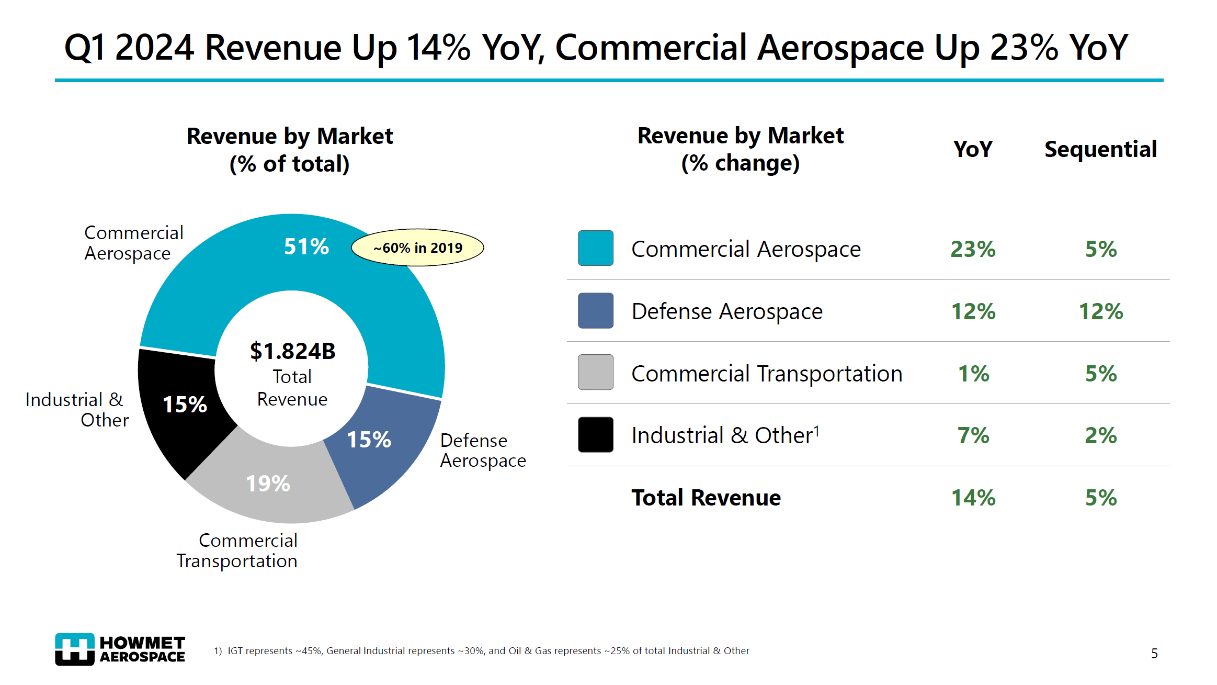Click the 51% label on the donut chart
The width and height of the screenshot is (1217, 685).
point(306,246)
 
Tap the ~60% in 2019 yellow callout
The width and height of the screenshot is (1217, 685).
point(417,248)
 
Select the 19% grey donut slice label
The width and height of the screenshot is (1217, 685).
point(268,484)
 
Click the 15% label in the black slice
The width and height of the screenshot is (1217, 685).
point(185,405)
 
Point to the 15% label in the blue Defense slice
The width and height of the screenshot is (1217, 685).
point(369,440)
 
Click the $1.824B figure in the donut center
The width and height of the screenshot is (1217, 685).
point(292,351)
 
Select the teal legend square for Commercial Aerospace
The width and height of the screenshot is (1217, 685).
point(595,248)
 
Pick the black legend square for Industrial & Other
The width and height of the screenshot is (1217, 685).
point(595,434)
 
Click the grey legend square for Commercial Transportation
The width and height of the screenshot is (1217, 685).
point(595,372)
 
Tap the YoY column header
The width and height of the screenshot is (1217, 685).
point(972,150)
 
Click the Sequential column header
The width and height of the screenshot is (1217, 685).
point(1100,150)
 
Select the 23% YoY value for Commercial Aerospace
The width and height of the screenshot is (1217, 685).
point(972,249)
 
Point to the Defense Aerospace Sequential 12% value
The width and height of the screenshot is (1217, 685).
point(1100,311)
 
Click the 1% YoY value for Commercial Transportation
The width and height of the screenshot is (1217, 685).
point(973,374)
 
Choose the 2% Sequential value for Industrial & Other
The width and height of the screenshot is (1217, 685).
point(1100,435)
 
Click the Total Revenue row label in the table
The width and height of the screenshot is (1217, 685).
point(706,498)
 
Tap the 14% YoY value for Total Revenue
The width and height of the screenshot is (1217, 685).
point(972,498)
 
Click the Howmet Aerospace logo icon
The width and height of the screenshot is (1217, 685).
point(75,649)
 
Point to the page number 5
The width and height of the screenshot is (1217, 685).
point(1154,654)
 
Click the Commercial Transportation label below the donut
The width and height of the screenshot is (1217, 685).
point(237,551)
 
